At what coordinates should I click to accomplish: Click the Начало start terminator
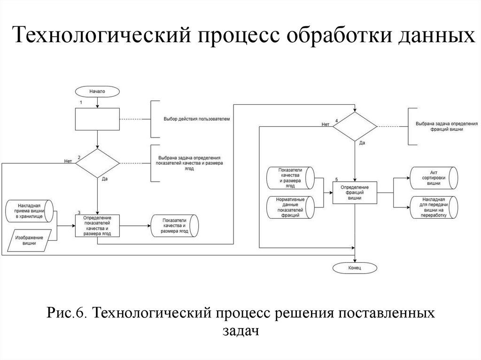click(97, 92)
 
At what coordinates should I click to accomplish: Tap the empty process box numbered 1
click(97, 119)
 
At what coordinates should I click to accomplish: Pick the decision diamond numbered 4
click(355, 126)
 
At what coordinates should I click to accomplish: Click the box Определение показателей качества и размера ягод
click(97, 225)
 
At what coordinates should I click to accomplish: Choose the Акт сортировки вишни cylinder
click(433, 178)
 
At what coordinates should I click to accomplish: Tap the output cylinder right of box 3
click(174, 226)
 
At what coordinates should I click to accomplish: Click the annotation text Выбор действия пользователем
click(197, 119)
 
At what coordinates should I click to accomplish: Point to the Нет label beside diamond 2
click(68, 161)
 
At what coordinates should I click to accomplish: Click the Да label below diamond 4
click(362, 142)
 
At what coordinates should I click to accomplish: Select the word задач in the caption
click(240, 331)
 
